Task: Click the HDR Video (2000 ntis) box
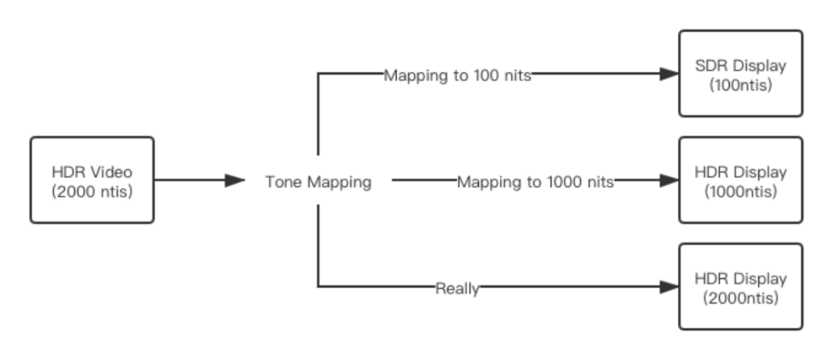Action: [92, 180]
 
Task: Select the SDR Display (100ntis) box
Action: [740, 74]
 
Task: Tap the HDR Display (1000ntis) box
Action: [740, 180]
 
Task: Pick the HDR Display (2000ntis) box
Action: [740, 287]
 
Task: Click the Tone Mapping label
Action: [318, 182]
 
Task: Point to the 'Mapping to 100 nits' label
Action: [457, 76]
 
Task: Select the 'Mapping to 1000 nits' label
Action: [535, 182]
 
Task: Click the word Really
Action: [457, 288]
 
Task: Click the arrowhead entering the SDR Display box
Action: [669, 74]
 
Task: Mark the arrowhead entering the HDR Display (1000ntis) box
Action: [669, 180]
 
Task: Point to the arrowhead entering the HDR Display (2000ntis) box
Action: [669, 287]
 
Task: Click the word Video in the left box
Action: [113, 172]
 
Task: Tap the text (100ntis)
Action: [740, 85]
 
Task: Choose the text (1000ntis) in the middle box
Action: [740, 191]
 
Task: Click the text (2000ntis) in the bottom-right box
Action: [740, 298]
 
